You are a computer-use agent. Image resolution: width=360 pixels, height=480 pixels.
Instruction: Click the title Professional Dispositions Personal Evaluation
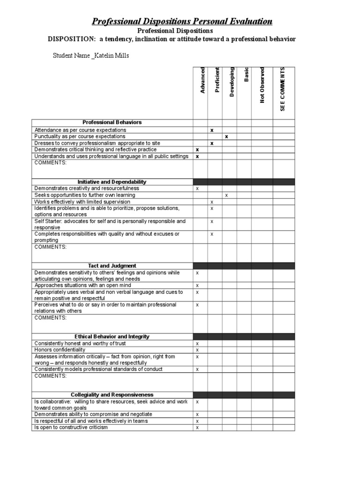181,22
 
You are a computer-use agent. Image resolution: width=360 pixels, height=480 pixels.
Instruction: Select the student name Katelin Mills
112,56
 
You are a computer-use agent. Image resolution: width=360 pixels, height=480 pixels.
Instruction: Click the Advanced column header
202,80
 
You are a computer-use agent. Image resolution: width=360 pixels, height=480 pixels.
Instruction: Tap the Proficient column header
217,80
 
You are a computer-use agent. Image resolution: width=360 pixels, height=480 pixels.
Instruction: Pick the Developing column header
232,82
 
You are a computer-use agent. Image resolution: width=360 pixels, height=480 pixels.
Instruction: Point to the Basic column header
246,75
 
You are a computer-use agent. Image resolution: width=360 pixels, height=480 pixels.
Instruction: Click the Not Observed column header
262,85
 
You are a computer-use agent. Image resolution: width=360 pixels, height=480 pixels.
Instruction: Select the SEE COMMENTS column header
282,89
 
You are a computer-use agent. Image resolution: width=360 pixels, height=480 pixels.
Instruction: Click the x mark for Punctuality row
226,136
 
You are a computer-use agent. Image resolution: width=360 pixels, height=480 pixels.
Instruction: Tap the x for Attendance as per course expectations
212,130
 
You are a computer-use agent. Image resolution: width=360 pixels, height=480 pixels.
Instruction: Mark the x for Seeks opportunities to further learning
226,195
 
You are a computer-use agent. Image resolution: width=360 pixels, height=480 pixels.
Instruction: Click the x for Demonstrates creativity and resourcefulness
197,188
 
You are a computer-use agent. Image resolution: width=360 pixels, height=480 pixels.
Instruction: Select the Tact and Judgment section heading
112,266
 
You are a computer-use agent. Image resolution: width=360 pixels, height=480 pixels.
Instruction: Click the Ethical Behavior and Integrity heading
112,337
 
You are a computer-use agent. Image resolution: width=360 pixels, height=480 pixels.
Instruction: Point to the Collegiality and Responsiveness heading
112,395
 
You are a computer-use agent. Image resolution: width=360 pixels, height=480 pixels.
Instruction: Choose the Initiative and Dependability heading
112,181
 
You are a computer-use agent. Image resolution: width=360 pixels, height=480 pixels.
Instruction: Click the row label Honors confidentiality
60,350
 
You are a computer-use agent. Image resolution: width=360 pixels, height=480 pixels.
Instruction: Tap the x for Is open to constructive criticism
197,427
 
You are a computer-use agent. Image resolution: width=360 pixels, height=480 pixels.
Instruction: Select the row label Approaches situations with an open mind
82,285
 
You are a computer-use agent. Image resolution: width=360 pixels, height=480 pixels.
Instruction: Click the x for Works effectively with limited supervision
212,202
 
